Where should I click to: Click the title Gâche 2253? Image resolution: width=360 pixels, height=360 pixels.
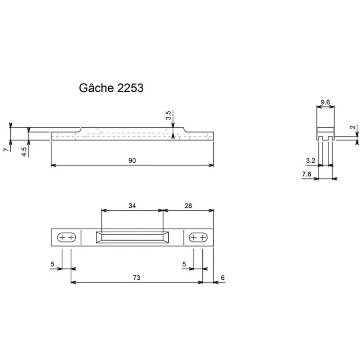pyautogui.click(x=111, y=87)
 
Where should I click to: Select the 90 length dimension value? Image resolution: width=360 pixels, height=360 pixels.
pyautogui.click(x=132, y=160)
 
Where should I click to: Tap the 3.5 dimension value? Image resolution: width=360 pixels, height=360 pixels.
pyautogui.click(x=169, y=115)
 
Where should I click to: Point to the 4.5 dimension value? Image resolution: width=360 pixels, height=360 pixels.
pyautogui.click(x=24, y=152)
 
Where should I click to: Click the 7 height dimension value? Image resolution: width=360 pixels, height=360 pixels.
pyautogui.click(x=6, y=149)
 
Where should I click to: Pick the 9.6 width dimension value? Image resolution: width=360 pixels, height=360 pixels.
pyautogui.click(x=325, y=102)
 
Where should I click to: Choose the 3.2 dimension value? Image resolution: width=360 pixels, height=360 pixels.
pyautogui.click(x=310, y=160)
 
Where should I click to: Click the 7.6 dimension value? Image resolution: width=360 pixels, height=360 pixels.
pyautogui.click(x=306, y=174)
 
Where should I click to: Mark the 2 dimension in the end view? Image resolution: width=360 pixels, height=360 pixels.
pyautogui.click(x=353, y=127)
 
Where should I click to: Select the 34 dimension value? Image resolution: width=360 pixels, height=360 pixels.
pyautogui.click(x=132, y=206)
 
